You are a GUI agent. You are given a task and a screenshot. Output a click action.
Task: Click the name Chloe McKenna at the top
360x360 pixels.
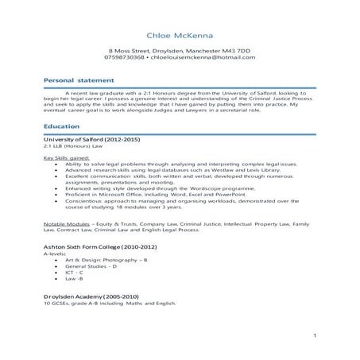click(180, 36)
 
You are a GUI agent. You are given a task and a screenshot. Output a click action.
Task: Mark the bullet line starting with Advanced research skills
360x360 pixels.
click(168, 169)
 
